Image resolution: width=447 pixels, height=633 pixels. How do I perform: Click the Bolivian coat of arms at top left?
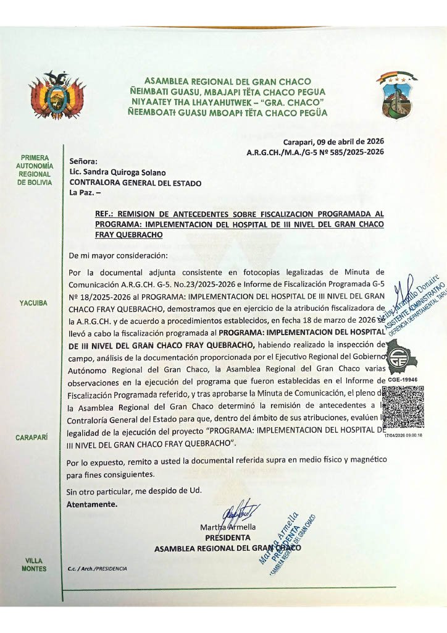(x=57, y=95)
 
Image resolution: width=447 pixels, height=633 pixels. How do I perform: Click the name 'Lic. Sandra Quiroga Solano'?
(x=117, y=172)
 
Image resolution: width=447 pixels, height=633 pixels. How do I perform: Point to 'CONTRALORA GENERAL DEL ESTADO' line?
(x=135, y=183)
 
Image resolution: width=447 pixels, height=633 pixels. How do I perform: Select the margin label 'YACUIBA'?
(x=34, y=303)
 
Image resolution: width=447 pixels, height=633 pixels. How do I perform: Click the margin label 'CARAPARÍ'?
(x=34, y=438)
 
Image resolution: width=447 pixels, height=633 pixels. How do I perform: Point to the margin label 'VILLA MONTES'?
(x=34, y=564)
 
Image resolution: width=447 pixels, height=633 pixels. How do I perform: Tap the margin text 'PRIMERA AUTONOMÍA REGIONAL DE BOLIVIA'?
(x=35, y=170)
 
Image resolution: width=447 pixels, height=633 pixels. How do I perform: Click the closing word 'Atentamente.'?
(x=91, y=504)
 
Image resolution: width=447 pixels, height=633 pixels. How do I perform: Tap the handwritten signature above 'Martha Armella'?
(x=237, y=513)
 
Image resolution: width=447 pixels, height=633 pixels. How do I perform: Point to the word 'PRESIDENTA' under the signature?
(x=227, y=538)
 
